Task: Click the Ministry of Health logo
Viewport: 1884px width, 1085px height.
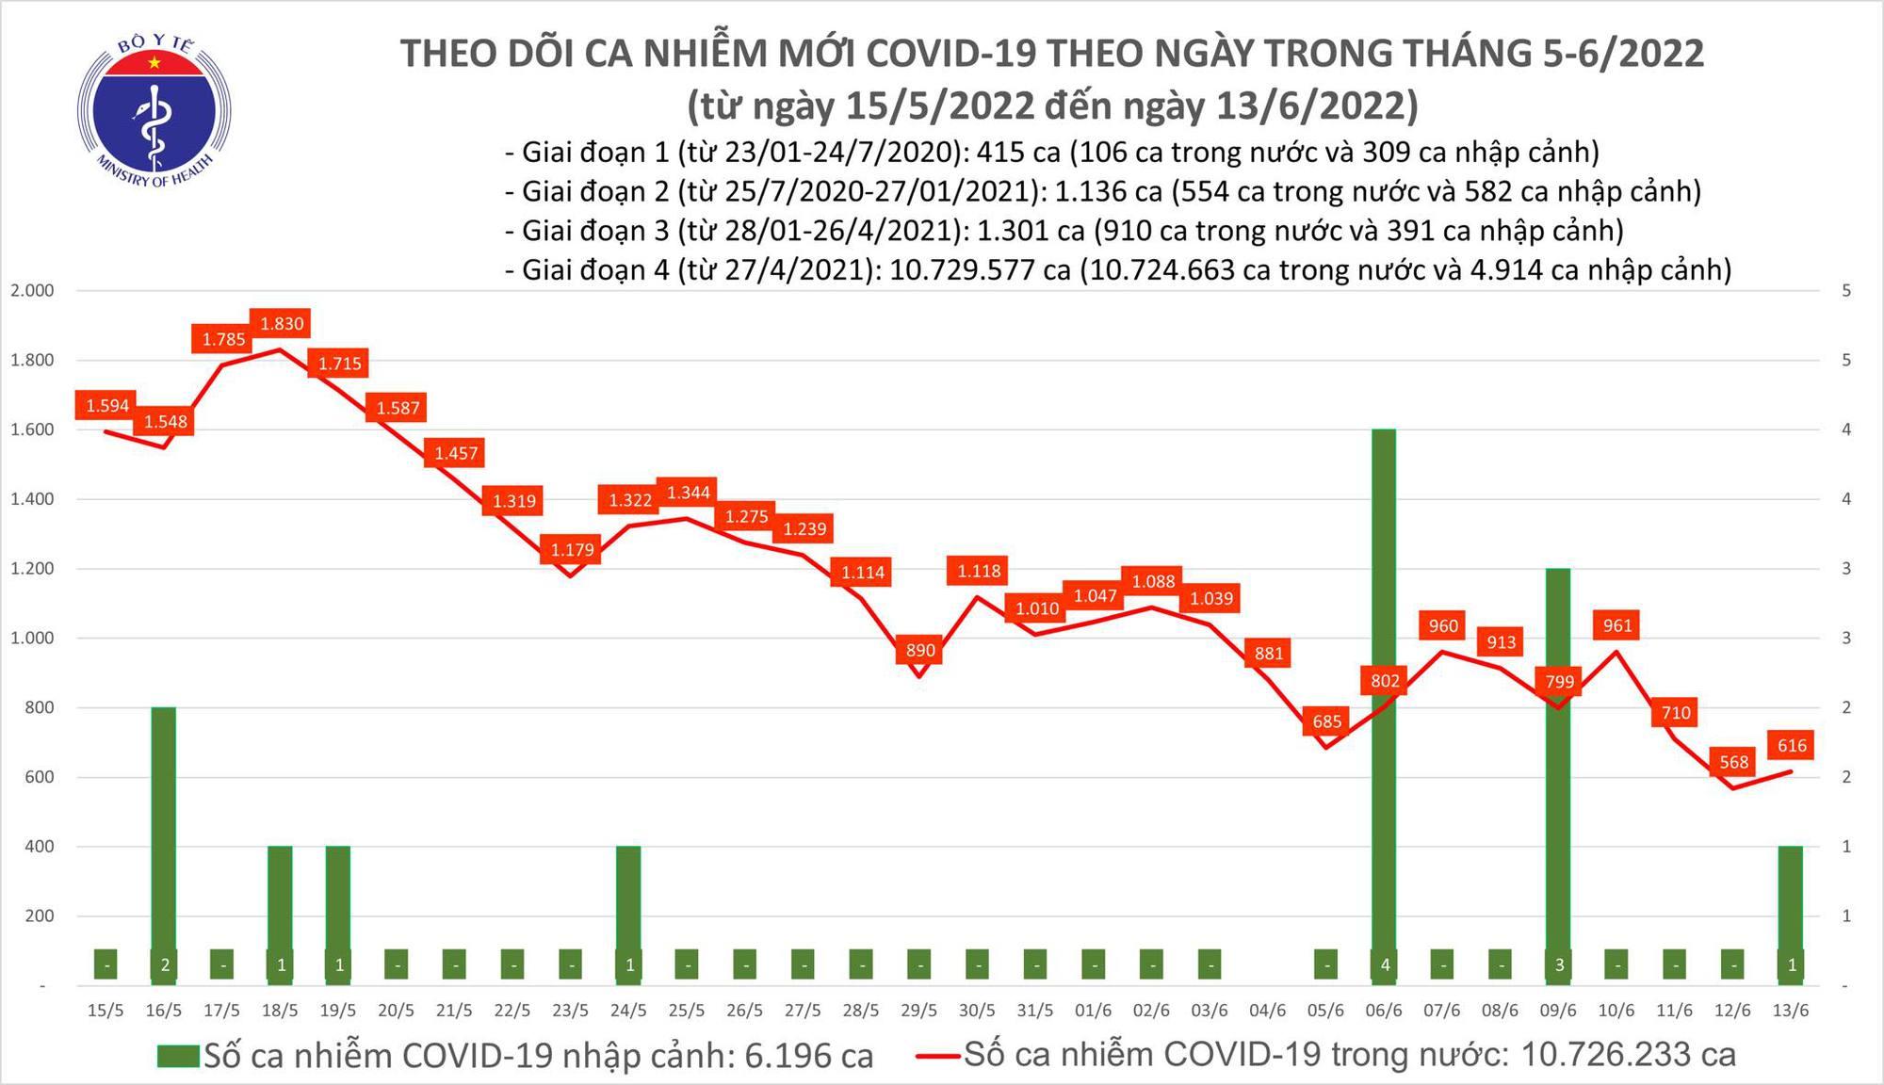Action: click(x=153, y=111)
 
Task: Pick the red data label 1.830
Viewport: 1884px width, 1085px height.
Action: click(x=282, y=324)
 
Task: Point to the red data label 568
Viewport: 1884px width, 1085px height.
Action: click(x=1733, y=762)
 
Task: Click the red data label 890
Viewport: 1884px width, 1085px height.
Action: click(x=920, y=650)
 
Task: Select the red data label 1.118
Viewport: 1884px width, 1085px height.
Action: click(x=979, y=571)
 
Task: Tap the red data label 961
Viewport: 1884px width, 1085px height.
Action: click(x=1616, y=625)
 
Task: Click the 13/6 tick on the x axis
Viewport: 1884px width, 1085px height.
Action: click(x=1790, y=1011)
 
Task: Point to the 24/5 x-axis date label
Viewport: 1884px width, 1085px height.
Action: click(x=628, y=1011)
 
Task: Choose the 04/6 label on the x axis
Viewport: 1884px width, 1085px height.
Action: click(x=1267, y=1011)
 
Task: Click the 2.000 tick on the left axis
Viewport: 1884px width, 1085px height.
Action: click(x=32, y=291)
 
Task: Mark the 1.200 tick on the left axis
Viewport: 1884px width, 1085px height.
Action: click(x=32, y=569)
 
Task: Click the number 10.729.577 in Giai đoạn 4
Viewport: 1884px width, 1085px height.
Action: click(x=980, y=270)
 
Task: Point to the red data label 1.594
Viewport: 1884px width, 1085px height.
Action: click(x=107, y=406)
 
